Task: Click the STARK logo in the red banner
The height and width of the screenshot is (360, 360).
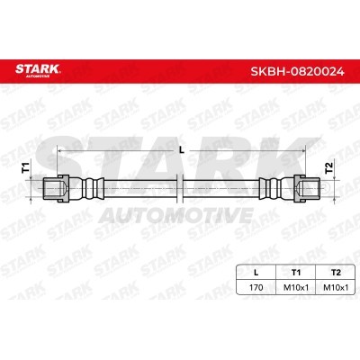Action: click(x=38, y=69)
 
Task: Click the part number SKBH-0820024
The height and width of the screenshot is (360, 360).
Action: click(x=297, y=71)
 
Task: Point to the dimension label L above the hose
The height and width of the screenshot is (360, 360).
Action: click(x=181, y=150)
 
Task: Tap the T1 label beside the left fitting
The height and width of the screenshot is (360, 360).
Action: click(x=25, y=167)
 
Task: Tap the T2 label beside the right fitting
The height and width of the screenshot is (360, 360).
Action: click(x=329, y=167)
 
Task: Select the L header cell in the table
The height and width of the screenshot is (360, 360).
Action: click(x=256, y=273)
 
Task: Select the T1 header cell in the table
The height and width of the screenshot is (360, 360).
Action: click(x=296, y=273)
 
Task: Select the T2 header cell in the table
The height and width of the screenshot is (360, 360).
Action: click(x=336, y=273)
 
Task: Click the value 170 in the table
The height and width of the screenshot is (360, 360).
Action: click(x=256, y=287)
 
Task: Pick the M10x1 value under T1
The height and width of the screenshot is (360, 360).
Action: click(x=296, y=287)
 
